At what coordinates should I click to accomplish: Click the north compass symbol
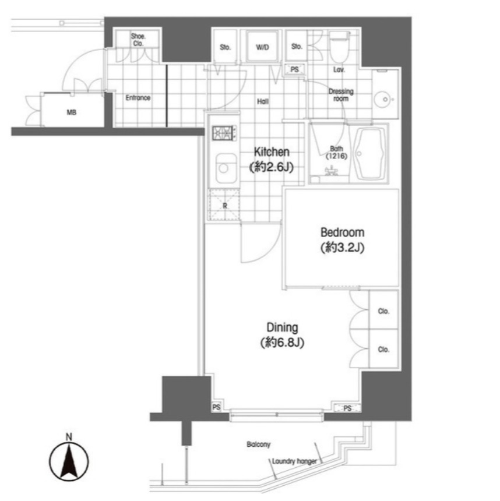(x=69, y=461)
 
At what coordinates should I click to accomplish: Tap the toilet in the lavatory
(x=339, y=48)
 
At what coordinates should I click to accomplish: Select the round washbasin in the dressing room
(x=385, y=100)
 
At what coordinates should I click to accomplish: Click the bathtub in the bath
(x=369, y=154)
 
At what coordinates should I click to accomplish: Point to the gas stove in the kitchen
(x=224, y=133)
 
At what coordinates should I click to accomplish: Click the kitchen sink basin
(x=226, y=168)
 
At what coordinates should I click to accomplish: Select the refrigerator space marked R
(x=224, y=205)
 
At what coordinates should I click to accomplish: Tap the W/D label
(x=262, y=47)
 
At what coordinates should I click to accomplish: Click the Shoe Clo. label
(x=138, y=40)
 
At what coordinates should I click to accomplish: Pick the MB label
(x=71, y=112)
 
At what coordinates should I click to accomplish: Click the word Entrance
(x=138, y=97)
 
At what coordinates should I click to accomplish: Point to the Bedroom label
(x=342, y=232)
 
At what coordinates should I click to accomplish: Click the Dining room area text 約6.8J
(x=282, y=343)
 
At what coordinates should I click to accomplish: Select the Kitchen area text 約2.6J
(x=271, y=167)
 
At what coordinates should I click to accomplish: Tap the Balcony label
(x=258, y=444)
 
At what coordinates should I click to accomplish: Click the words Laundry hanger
(x=294, y=461)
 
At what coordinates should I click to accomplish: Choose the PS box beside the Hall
(x=294, y=69)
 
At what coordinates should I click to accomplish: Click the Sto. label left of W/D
(x=225, y=47)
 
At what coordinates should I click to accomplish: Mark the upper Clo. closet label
(x=383, y=311)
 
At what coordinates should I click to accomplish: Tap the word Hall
(x=263, y=101)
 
